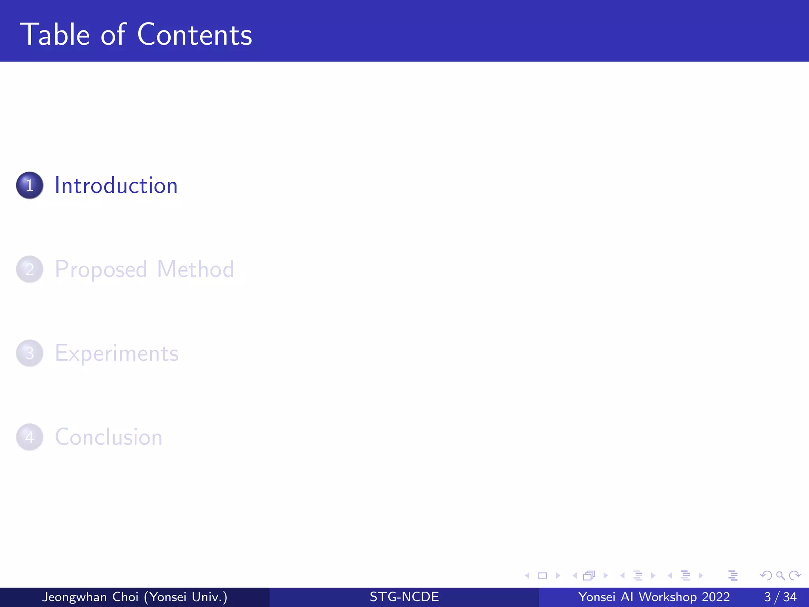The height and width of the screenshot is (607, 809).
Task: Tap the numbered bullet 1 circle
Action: (30, 185)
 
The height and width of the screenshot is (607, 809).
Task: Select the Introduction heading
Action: (116, 185)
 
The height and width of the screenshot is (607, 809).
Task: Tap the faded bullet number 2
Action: (30, 269)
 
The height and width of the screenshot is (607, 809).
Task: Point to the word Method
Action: (196, 269)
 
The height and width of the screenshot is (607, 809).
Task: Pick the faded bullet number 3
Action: (30, 353)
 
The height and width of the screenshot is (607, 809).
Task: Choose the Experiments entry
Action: (117, 353)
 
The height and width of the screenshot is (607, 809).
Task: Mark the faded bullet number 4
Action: (30, 437)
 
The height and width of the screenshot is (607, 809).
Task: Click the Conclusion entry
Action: (109, 437)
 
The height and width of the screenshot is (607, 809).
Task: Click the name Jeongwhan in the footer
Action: (74, 597)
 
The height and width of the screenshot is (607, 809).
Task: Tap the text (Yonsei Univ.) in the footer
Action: (186, 597)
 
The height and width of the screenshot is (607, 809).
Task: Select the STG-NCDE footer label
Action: (404, 597)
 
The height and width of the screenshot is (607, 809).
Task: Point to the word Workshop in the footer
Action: (668, 597)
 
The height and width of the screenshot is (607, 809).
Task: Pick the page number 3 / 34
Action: (780, 597)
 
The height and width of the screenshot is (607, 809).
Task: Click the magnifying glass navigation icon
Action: (780, 575)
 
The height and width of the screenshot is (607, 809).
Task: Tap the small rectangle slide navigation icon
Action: (542, 575)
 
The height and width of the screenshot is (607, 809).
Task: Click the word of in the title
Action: (113, 35)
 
